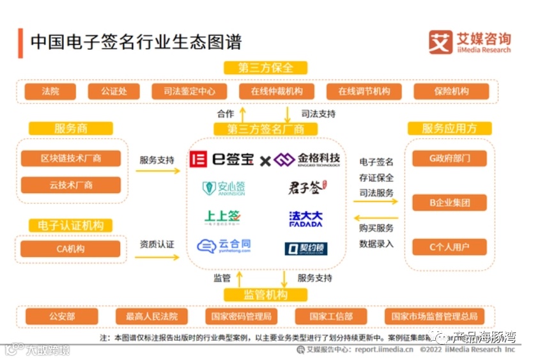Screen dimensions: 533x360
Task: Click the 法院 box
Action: coord(50,91)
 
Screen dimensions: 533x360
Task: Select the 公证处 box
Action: coord(114,91)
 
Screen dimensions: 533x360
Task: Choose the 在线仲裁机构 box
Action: coord(277,91)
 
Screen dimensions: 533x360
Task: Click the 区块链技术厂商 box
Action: coord(71,158)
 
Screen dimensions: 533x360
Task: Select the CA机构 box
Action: coord(71,249)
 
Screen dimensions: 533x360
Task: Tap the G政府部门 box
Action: coord(449,158)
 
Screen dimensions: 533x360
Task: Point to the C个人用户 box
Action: coord(449,247)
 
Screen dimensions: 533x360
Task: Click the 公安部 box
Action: coord(62,316)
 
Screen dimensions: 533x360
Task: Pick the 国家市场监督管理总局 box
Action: coord(434,316)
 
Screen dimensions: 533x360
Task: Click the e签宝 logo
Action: coord(222,159)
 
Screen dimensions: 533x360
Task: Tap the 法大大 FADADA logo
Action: coord(305,219)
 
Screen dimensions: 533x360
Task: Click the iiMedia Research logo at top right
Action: coord(470,42)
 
